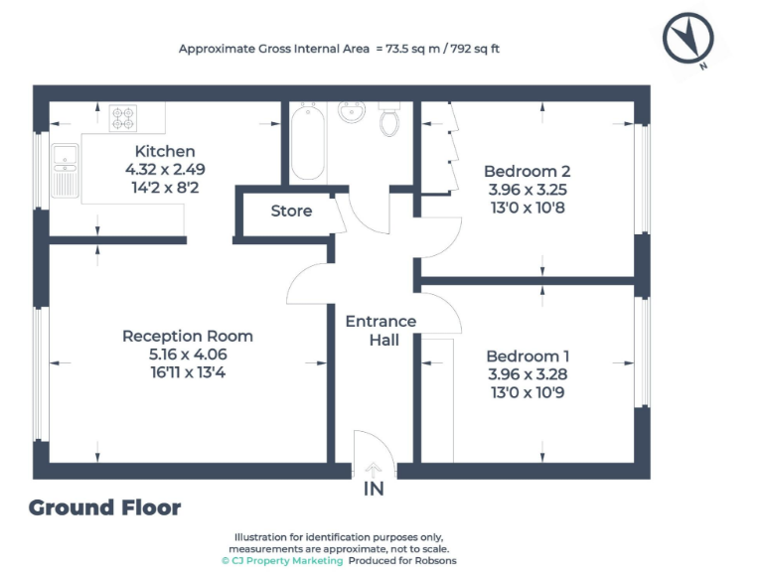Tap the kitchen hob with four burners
point(123,118)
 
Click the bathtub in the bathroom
point(308,143)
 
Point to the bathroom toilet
point(390,121)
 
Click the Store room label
point(291,211)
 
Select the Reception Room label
point(187,336)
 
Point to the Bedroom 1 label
point(528,356)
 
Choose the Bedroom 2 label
point(528,171)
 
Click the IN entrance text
point(374,489)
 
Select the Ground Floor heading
point(104,507)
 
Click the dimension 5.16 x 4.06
point(187,355)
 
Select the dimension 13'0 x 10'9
point(528,392)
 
